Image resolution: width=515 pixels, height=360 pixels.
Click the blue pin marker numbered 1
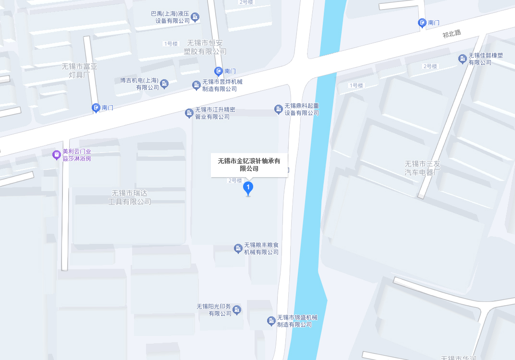click(x=248, y=187)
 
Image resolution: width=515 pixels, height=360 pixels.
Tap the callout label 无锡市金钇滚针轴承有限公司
click(x=249, y=165)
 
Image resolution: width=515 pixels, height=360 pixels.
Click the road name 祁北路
click(x=452, y=34)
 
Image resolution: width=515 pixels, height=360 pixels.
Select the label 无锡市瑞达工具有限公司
click(x=130, y=197)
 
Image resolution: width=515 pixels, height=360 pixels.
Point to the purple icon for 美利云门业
click(x=56, y=155)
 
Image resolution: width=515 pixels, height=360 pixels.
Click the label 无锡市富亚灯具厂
click(x=80, y=71)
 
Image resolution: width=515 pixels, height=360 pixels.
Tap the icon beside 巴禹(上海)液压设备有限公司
click(x=195, y=18)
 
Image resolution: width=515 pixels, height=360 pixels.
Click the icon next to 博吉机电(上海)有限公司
click(x=164, y=84)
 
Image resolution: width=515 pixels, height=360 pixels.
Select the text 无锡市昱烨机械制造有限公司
click(x=222, y=85)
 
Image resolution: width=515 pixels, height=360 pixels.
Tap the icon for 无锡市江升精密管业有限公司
click(x=189, y=113)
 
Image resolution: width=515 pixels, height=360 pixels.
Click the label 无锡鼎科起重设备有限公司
click(x=302, y=109)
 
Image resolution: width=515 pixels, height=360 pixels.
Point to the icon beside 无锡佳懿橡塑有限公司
click(x=462, y=59)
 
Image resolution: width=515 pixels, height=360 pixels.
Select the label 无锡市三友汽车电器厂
click(x=422, y=168)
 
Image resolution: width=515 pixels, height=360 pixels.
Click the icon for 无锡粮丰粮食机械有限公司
click(x=238, y=248)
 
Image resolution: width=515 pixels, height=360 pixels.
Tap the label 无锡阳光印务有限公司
click(x=214, y=310)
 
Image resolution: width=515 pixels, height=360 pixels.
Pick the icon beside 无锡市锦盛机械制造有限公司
click(x=271, y=321)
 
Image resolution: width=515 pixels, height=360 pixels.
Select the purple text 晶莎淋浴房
click(x=77, y=158)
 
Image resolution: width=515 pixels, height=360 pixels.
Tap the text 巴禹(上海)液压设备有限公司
click(x=171, y=17)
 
